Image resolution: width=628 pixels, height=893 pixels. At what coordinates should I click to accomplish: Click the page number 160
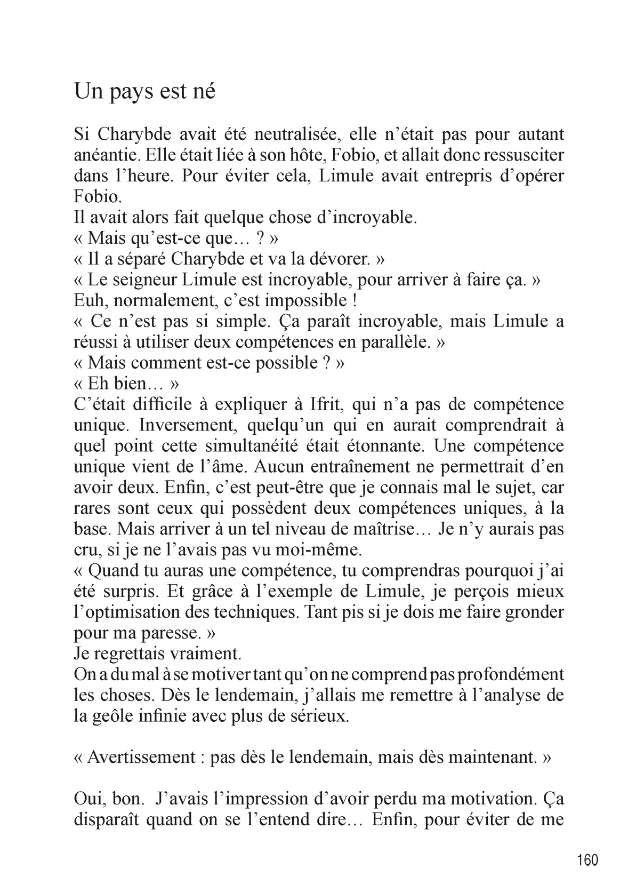[x=587, y=860]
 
